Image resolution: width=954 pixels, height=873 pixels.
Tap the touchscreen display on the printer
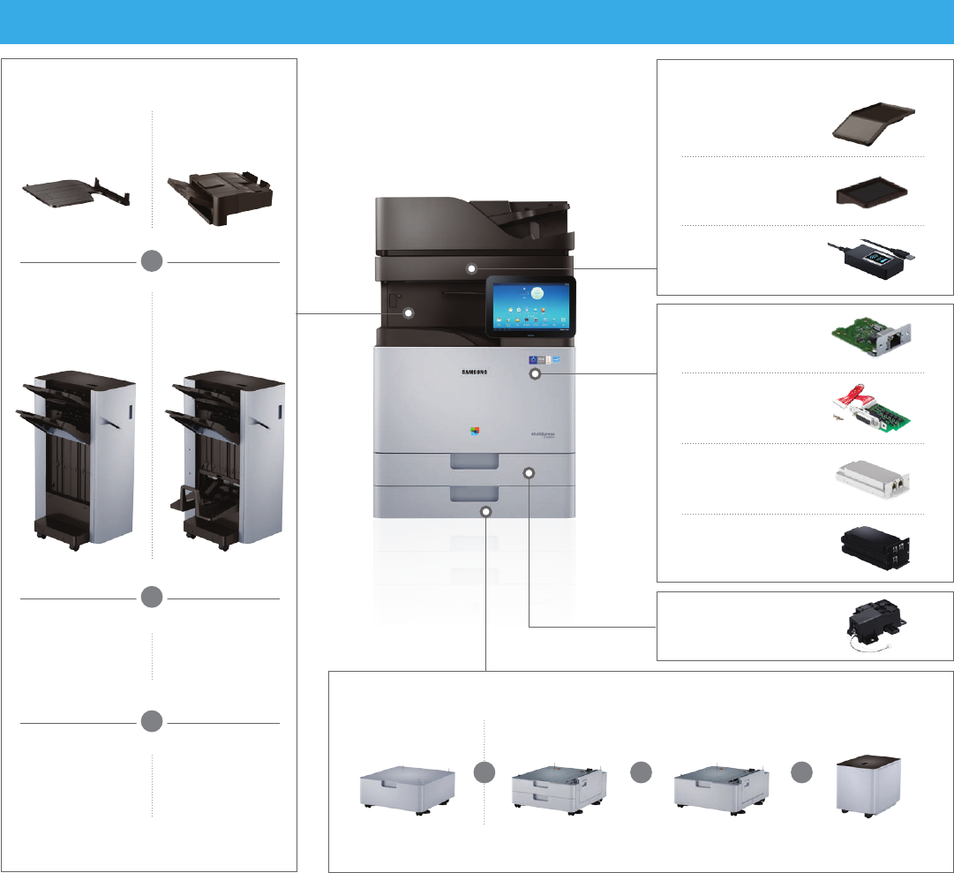tap(530, 305)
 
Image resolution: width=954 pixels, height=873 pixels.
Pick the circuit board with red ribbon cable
tap(873, 409)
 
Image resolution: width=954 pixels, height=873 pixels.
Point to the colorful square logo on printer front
tap(476, 433)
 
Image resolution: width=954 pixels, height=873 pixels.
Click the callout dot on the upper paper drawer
tap(529, 473)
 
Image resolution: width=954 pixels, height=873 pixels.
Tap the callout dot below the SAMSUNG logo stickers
tap(536, 374)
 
